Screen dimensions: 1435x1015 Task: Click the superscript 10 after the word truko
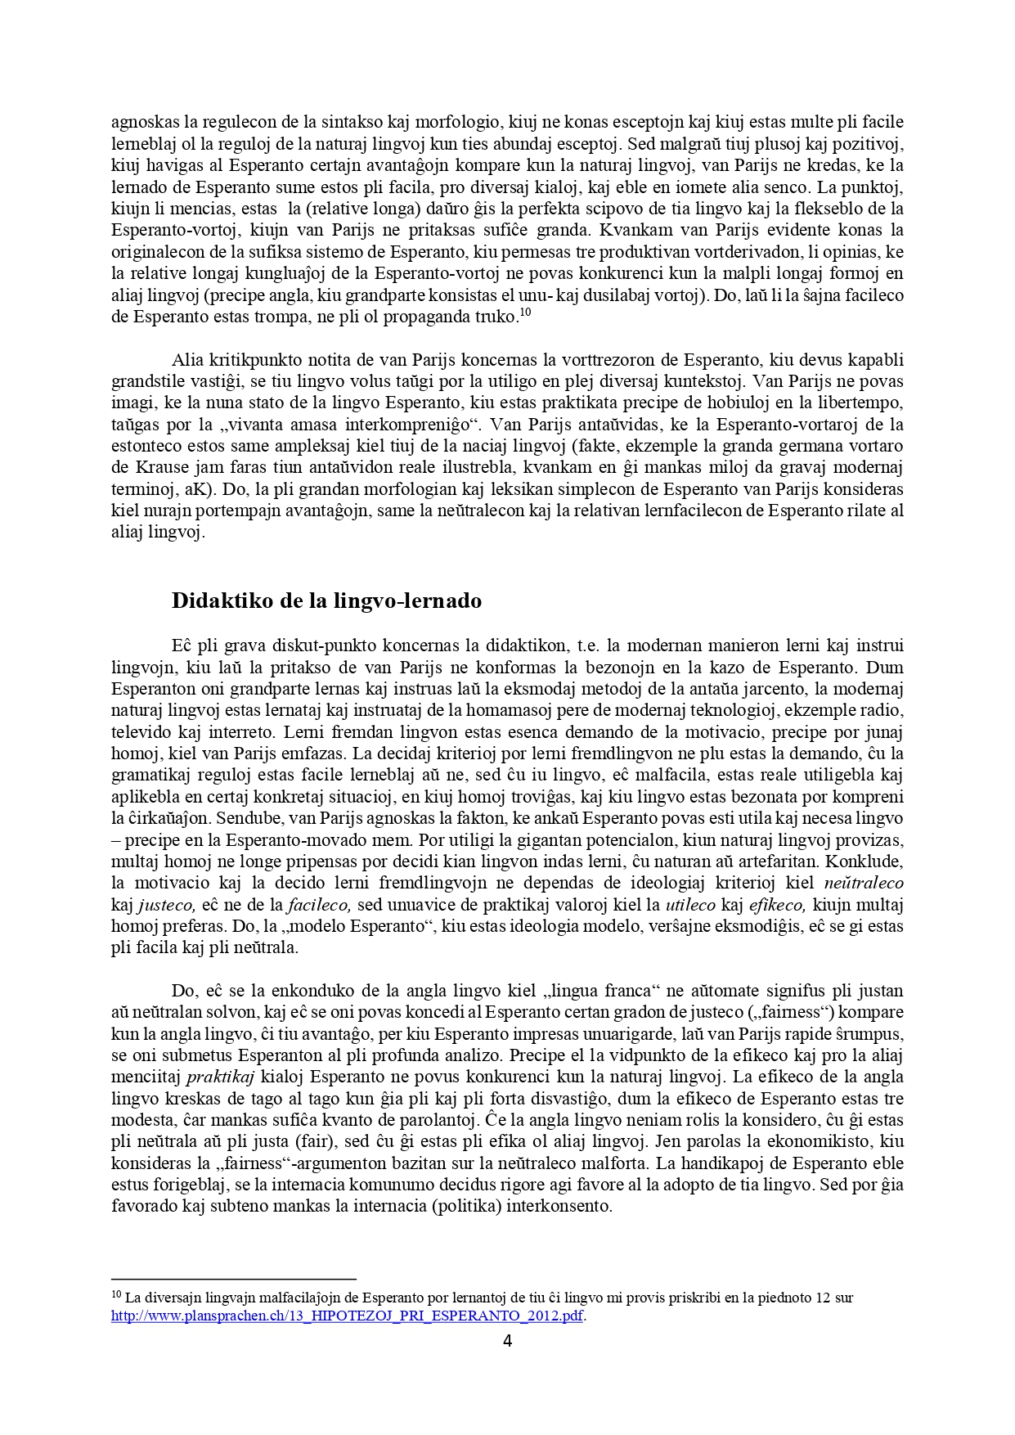[x=526, y=312]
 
